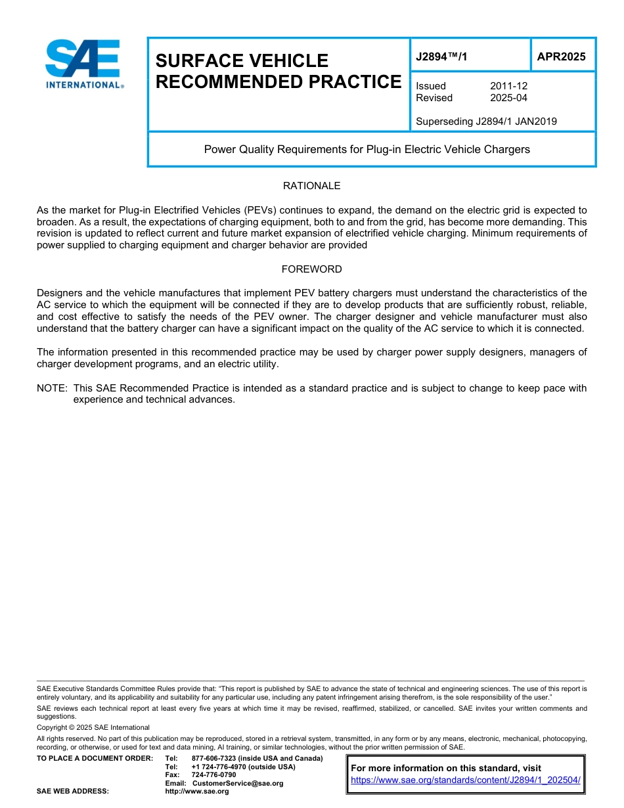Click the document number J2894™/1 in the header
[441, 57]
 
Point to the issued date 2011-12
[508, 86]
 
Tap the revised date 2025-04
[508, 98]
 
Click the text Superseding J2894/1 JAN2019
[486, 121]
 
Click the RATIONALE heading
[311, 186]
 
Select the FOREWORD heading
[311, 269]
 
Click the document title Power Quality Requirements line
[367, 149]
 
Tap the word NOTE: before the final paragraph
[53, 388]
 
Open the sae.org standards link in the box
[466, 780]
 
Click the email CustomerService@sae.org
[238, 783]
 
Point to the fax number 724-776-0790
[213, 775]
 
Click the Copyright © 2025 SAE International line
[93, 727]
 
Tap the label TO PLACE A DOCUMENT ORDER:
[95, 759]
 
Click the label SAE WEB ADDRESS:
[72, 792]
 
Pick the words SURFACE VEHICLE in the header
[242, 61]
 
